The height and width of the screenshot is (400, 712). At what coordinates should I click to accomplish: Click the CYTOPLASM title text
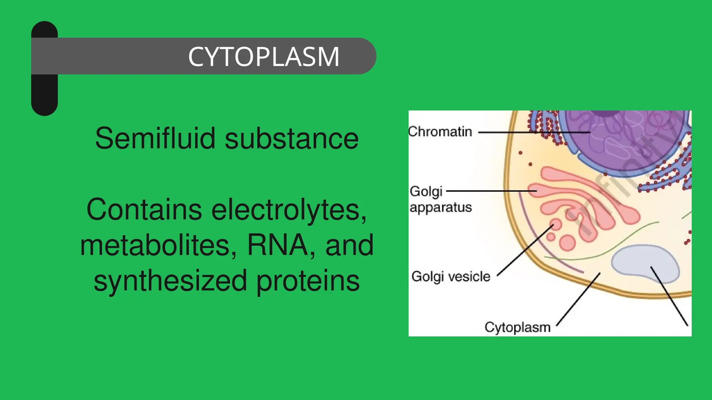click(x=264, y=57)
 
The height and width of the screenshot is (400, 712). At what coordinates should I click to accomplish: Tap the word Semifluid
click(x=155, y=138)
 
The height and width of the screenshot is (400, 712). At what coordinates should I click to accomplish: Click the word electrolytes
click(x=289, y=209)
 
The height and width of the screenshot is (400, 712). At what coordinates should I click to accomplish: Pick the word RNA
click(x=277, y=245)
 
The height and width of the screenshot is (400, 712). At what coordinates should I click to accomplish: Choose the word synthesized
click(x=170, y=281)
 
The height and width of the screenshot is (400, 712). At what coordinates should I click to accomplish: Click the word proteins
click(x=308, y=281)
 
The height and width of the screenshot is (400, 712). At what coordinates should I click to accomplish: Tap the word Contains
click(x=144, y=209)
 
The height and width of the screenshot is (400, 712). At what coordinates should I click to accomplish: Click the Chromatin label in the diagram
click(x=440, y=132)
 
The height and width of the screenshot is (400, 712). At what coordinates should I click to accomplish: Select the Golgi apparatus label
click(x=440, y=199)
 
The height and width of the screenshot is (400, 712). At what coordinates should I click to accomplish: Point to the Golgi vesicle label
click(x=451, y=277)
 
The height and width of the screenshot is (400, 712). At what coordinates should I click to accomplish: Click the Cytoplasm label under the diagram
click(x=517, y=327)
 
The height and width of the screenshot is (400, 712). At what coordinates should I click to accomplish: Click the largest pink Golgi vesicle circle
click(x=567, y=243)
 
